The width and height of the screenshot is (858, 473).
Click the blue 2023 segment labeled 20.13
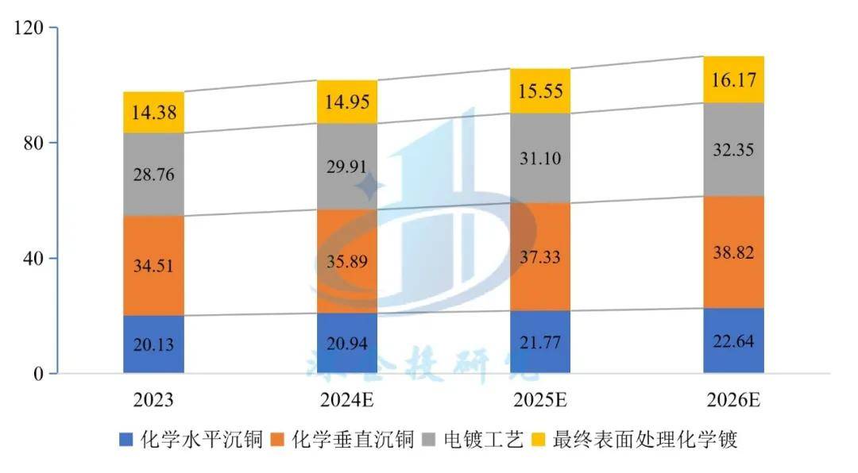[x=154, y=344]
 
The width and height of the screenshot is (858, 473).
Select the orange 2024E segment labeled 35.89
[x=347, y=261]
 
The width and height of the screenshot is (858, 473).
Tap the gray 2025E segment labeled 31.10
[x=540, y=158]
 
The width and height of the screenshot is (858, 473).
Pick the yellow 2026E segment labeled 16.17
[x=733, y=79]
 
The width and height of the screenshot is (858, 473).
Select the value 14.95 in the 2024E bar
[x=347, y=102]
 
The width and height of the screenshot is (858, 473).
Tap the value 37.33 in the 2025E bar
[x=540, y=256]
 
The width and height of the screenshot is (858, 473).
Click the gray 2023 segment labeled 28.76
[x=154, y=174]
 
